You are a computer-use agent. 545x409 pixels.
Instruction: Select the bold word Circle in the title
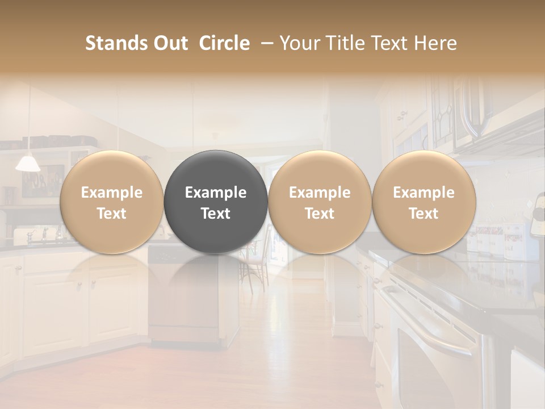(x=224, y=43)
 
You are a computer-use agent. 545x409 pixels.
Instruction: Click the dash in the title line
(x=265, y=43)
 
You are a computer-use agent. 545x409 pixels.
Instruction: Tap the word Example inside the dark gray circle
(x=216, y=193)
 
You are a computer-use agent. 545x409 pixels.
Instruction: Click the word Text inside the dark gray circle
(x=216, y=214)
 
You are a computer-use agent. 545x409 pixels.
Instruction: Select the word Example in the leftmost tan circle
(x=112, y=193)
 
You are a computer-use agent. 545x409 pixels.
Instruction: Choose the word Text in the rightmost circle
(x=424, y=214)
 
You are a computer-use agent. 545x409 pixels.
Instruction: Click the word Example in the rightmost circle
(x=424, y=193)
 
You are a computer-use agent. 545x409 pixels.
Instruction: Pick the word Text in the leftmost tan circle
(x=112, y=214)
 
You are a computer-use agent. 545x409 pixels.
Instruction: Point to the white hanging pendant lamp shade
(x=28, y=164)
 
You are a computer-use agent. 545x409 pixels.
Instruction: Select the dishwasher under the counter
(x=182, y=295)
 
